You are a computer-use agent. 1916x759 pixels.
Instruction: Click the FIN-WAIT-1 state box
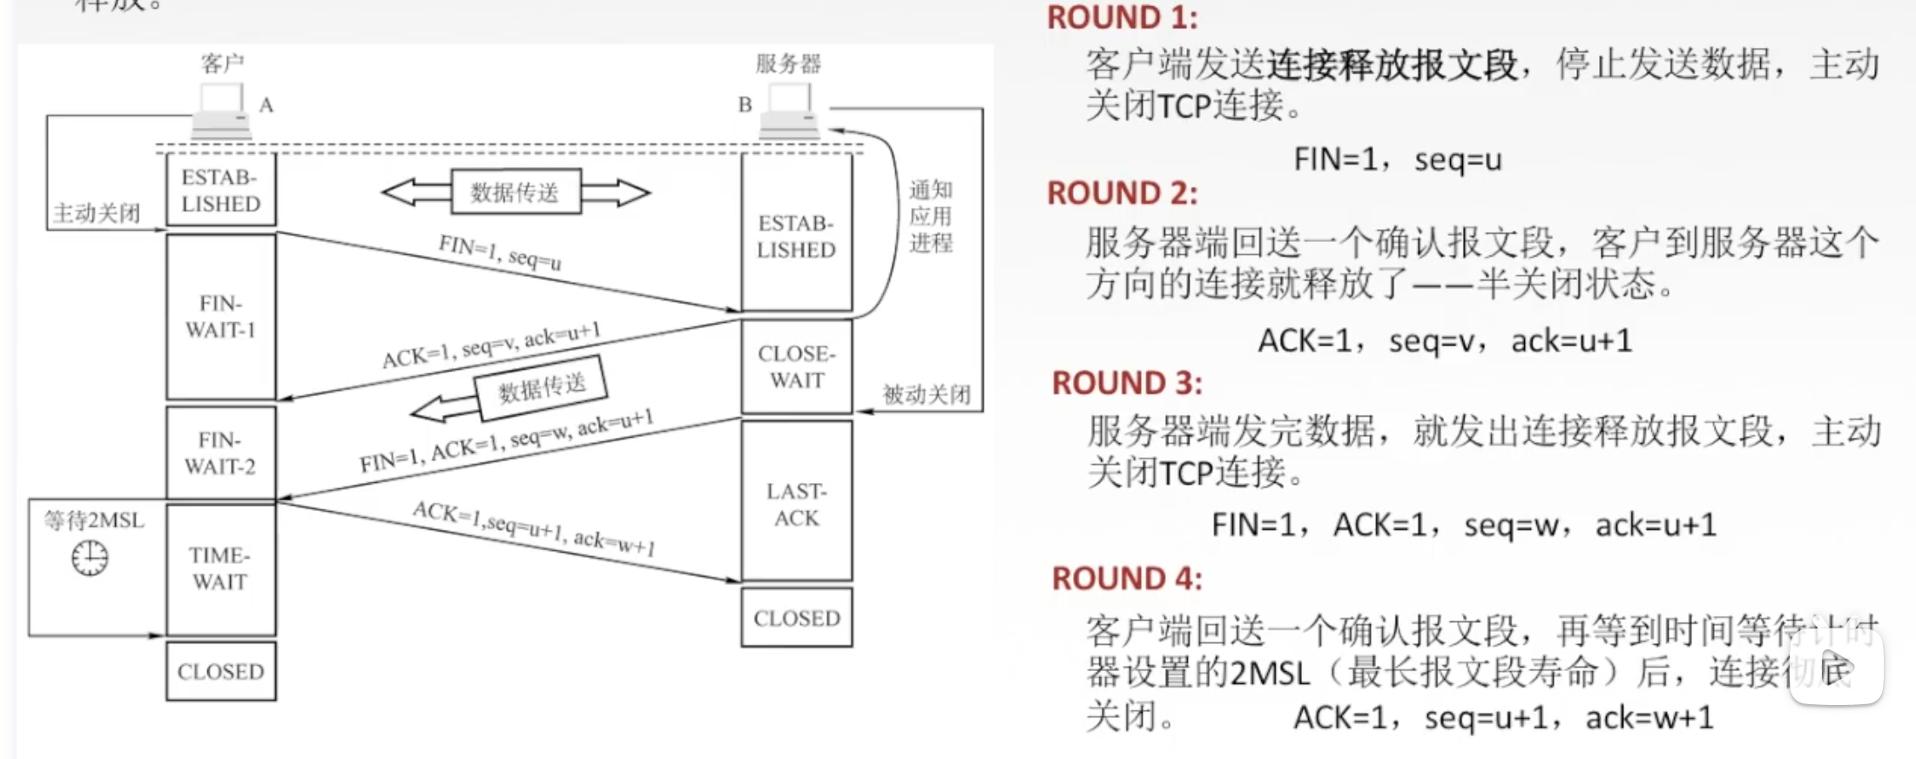tap(220, 316)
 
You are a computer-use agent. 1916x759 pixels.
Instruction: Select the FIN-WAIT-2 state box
tap(220, 453)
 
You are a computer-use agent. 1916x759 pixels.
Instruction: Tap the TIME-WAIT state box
tap(220, 568)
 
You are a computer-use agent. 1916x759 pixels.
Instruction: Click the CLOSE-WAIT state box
tap(796, 366)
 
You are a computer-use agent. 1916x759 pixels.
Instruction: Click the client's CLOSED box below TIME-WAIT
tap(220, 671)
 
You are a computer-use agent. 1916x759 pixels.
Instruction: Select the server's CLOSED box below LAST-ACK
tap(796, 618)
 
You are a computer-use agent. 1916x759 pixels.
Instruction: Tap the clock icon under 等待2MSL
tap(90, 558)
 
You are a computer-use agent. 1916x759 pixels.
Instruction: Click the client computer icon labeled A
tap(222, 111)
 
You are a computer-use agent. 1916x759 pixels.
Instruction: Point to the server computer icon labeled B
tap(789, 111)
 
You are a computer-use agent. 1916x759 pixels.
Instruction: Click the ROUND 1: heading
tap(1122, 17)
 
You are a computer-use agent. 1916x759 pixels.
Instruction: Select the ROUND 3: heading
tap(1127, 383)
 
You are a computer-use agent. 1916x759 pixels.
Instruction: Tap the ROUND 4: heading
tap(1127, 579)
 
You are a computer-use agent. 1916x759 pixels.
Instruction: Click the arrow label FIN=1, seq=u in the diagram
tap(500, 252)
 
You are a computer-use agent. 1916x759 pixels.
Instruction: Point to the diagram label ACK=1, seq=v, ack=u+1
tap(491, 346)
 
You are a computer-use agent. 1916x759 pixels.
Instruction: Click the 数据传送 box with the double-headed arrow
tap(516, 191)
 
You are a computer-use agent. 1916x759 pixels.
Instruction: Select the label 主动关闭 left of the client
tap(96, 212)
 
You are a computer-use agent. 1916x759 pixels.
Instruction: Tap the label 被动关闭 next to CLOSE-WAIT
tap(927, 394)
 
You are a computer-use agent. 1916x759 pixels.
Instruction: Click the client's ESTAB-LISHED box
tap(220, 190)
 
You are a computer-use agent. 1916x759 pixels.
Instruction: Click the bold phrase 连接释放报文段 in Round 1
tap(1392, 64)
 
